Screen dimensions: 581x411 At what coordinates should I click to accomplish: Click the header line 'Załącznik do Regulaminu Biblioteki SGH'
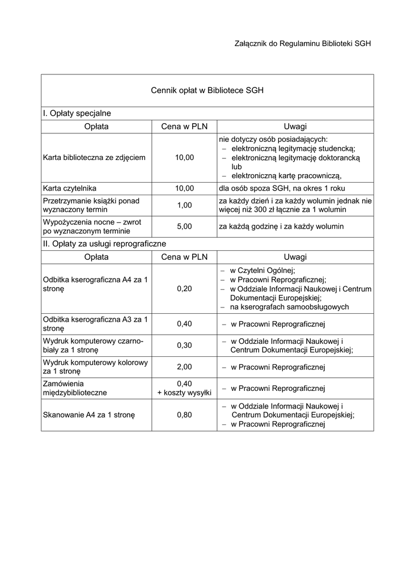pos(302,44)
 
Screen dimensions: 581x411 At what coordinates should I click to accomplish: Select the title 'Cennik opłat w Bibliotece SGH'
pos(207,90)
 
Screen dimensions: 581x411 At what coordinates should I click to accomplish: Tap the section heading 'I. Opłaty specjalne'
pos(77,113)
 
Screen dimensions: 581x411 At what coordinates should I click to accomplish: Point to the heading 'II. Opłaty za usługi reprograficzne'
pos(104,244)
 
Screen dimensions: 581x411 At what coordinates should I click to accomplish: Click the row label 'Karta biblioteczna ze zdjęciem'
pos(94,157)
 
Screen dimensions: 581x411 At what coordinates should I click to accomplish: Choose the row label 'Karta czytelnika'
pos(70,188)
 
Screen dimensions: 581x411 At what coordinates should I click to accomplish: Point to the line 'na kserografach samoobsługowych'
pos(289,307)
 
